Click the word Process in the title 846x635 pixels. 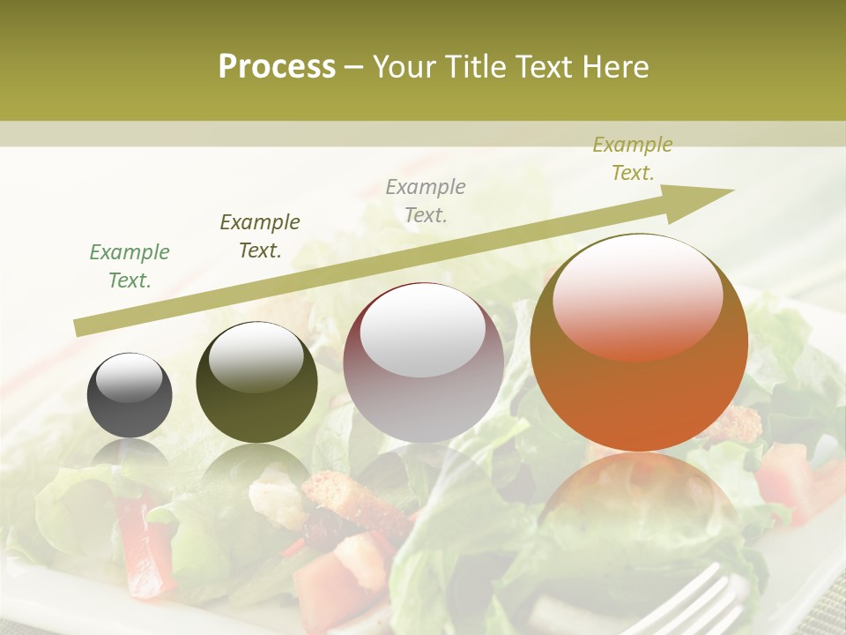coord(277,67)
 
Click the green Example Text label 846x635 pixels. coord(130,266)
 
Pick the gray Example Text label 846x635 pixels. coord(426,201)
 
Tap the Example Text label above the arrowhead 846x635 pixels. coord(632,159)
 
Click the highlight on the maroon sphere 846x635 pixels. coord(423,331)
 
